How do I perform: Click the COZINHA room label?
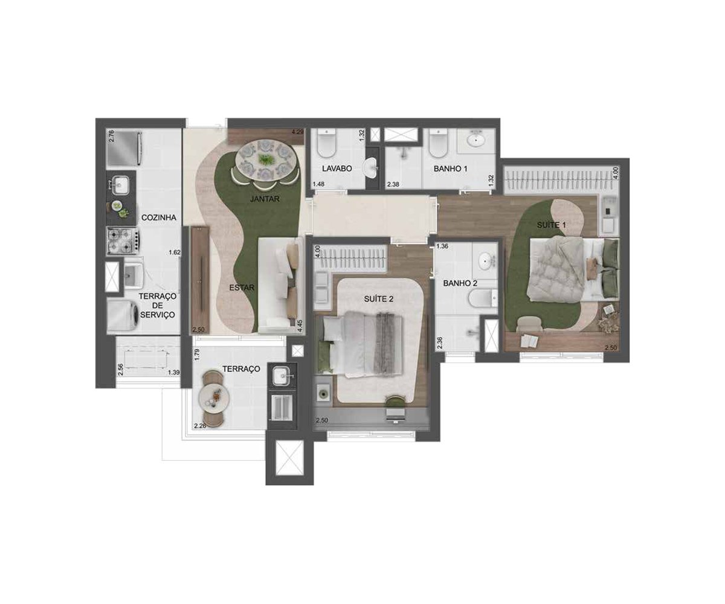(159, 217)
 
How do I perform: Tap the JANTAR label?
(265, 199)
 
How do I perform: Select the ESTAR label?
(242, 288)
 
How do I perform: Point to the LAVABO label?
(337, 169)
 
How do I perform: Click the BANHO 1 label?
(450, 169)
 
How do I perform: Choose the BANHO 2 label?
(460, 283)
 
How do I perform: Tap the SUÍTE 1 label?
(552, 225)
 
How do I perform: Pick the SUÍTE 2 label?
(378, 299)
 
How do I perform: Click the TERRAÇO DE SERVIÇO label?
(157, 306)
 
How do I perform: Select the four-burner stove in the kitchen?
(124, 240)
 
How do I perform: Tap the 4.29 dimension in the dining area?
(298, 132)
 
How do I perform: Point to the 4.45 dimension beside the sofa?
(300, 326)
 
